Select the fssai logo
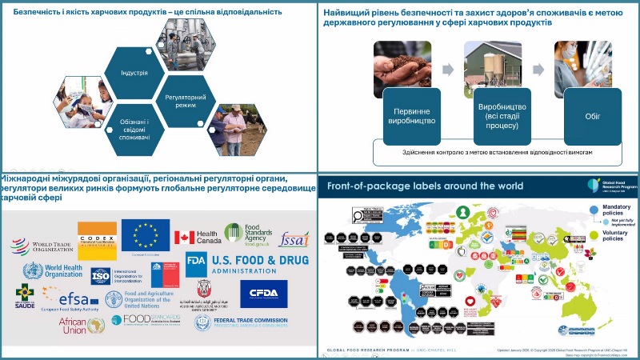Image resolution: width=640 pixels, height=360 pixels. click(294, 239)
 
